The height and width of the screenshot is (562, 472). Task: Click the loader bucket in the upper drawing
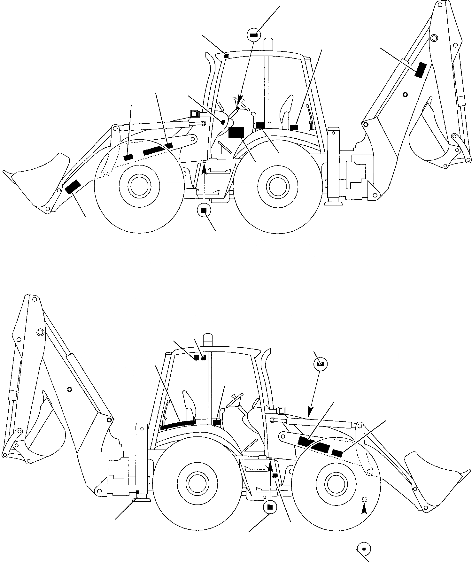coord(35,182)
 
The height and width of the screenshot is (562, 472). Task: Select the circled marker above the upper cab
coord(254,35)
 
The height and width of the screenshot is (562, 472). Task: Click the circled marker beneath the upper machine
coord(204,210)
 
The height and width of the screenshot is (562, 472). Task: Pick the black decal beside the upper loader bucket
coord(73,187)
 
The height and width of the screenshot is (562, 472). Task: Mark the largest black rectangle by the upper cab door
coord(236,132)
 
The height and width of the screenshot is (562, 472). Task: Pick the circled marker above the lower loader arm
coord(320,364)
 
